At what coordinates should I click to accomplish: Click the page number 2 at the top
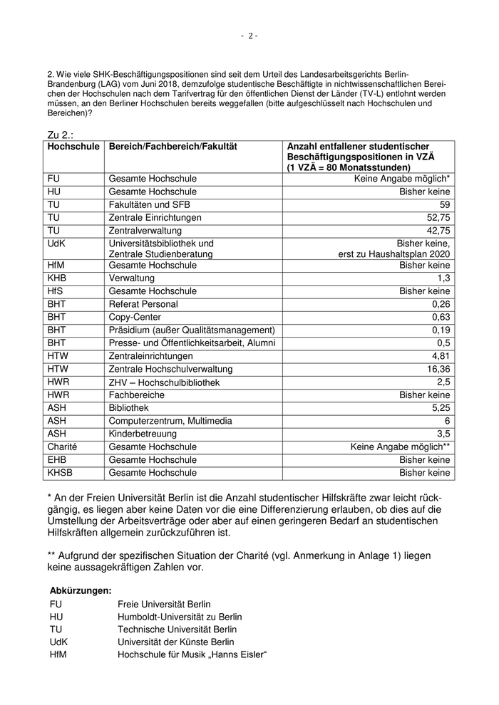(x=249, y=36)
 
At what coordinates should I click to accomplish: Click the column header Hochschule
(x=73, y=146)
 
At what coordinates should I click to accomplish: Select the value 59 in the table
(x=445, y=204)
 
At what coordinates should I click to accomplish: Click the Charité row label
(x=62, y=446)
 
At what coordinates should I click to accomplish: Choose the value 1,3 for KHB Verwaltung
(x=443, y=278)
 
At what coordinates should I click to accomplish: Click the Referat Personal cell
(x=143, y=304)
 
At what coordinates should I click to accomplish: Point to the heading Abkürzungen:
(x=81, y=590)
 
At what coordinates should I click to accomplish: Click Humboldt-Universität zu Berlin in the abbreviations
(x=180, y=617)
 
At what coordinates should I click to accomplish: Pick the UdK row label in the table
(x=58, y=243)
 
